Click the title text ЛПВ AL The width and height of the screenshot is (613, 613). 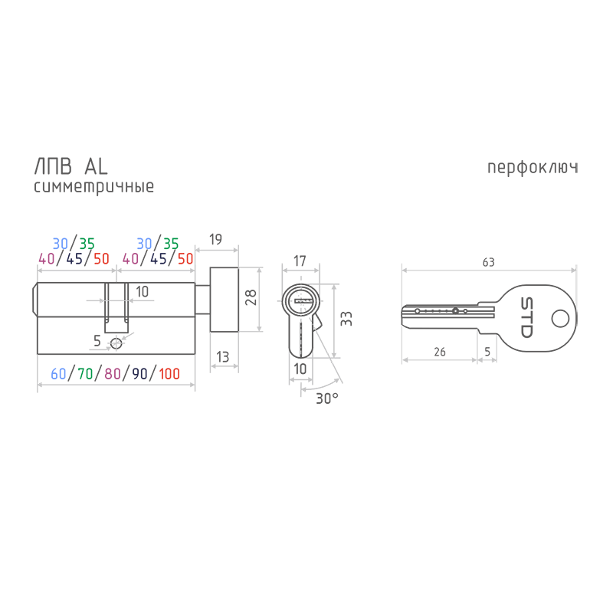pos(70,167)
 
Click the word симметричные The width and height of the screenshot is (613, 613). pos(93,187)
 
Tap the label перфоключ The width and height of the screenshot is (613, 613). pos(533,168)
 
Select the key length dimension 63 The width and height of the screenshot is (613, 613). pos(489,262)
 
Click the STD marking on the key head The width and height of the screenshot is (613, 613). pos(526,317)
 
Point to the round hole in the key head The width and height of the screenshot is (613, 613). pos(560,319)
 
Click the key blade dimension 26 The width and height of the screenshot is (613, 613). pos(440,352)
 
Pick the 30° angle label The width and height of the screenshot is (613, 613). pos(327,398)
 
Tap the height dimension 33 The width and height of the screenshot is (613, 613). pos(346,319)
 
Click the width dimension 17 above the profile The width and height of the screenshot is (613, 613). pos(300,261)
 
